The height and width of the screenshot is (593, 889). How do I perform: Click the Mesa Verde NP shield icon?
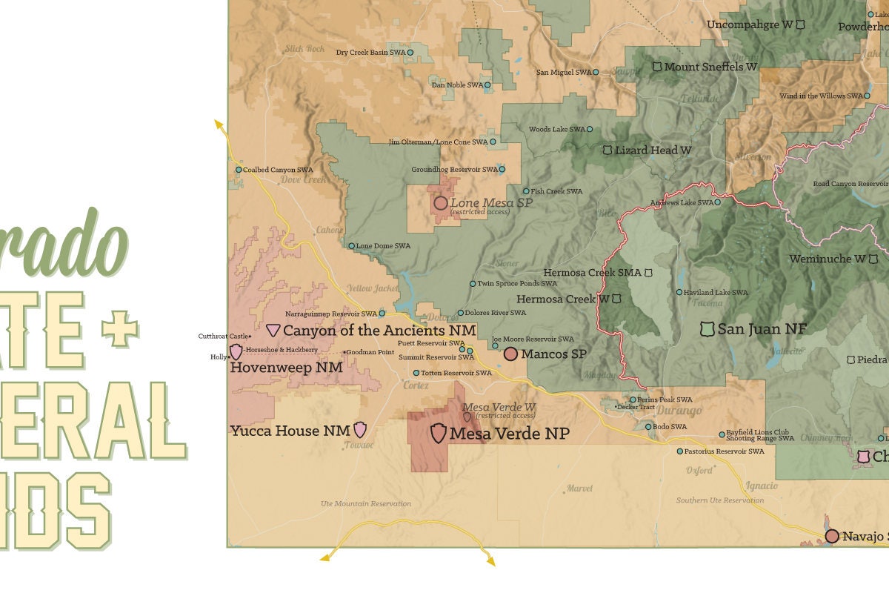438,433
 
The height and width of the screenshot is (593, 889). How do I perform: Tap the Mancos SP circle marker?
510,354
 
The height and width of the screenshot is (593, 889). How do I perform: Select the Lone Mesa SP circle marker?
440,203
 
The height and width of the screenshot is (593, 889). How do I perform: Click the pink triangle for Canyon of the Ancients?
273,330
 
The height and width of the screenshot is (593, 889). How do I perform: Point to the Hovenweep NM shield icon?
236,351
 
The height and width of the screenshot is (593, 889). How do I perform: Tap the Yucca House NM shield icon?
360,429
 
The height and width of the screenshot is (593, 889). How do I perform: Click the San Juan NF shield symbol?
707,328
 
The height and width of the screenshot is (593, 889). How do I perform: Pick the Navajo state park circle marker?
832,536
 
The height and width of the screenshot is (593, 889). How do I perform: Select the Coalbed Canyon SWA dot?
239,170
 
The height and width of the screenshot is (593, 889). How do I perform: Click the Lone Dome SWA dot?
351,246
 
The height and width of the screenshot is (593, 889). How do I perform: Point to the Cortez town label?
416,385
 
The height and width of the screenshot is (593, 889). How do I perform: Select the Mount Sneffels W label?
710,67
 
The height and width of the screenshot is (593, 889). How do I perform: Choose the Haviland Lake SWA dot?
679,292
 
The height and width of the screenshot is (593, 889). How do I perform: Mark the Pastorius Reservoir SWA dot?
679,451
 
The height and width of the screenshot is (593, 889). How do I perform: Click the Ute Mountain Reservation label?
365,503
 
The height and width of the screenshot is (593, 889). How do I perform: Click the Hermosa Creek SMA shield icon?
649,273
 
